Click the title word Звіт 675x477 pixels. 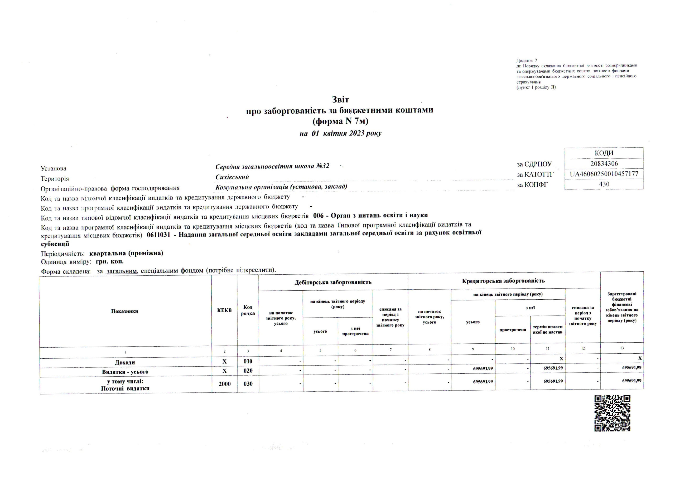[x=340, y=100]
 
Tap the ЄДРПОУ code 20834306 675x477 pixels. [x=604, y=164]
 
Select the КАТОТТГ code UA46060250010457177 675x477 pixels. [x=604, y=174]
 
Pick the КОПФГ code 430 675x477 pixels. [x=604, y=184]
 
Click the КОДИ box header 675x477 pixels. [x=604, y=153]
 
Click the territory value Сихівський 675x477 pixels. [x=232, y=177]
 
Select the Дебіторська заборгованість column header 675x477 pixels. [x=333, y=282]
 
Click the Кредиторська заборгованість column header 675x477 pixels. [x=503, y=281]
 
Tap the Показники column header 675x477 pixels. [x=125, y=311]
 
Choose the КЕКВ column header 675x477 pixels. [x=224, y=310]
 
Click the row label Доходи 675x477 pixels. [x=125, y=362]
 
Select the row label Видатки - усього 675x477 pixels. [x=125, y=372]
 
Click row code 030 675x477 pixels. [x=248, y=383]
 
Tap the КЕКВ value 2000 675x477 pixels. [x=225, y=383]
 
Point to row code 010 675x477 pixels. [x=248, y=362]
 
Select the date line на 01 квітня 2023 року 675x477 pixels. [x=340, y=133]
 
